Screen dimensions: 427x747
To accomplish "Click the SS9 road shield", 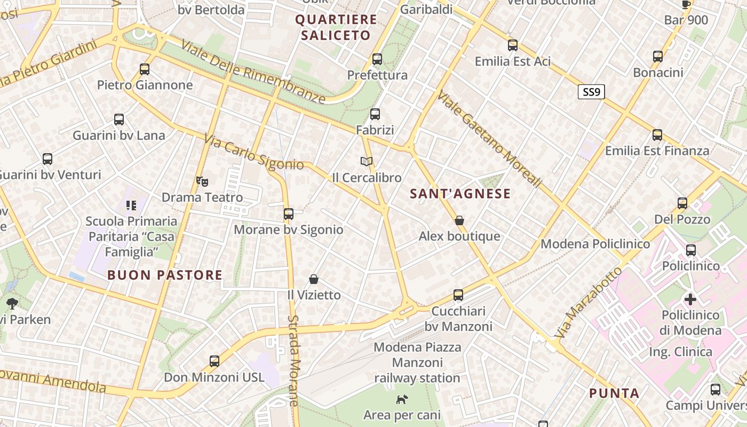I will pyautogui.click(x=591, y=92).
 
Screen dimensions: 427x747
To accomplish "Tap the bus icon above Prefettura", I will pyautogui.click(x=377, y=59).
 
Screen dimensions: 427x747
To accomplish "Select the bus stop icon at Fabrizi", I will pyautogui.click(x=375, y=114).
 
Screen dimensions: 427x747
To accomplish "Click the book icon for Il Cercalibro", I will pyautogui.click(x=366, y=161).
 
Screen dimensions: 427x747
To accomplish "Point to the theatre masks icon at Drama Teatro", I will pyautogui.click(x=202, y=181).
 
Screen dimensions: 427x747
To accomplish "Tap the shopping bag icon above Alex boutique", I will pyautogui.click(x=459, y=220).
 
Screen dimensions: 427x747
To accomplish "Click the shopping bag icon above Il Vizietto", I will pyautogui.click(x=314, y=279).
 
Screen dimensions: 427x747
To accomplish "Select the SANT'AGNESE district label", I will pyautogui.click(x=460, y=194).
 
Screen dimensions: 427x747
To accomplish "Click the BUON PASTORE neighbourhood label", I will pyautogui.click(x=165, y=275).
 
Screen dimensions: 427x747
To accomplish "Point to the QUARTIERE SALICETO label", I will pyautogui.click(x=336, y=28).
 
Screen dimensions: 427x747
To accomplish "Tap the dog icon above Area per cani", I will pyautogui.click(x=402, y=399).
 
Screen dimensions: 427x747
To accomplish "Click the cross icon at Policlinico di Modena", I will pyautogui.click(x=690, y=299).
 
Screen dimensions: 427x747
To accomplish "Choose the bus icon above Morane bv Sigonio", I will pyautogui.click(x=289, y=214).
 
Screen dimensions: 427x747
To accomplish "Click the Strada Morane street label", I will pyautogui.click(x=294, y=360).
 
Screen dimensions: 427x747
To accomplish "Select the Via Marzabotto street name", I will pyautogui.click(x=588, y=303).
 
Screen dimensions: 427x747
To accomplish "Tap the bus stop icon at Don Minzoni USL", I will pyautogui.click(x=214, y=361).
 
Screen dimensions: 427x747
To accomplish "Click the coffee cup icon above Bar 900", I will pyautogui.click(x=686, y=5).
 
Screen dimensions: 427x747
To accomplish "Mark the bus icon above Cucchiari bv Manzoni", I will pyautogui.click(x=458, y=295).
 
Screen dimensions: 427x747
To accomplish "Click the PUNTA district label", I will pyautogui.click(x=614, y=393).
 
